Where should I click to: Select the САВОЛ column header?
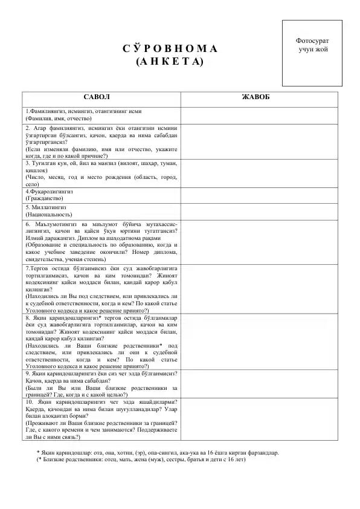pos(101,97)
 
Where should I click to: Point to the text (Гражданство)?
pos(44,198)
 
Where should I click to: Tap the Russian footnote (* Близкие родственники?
pos(141,459)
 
